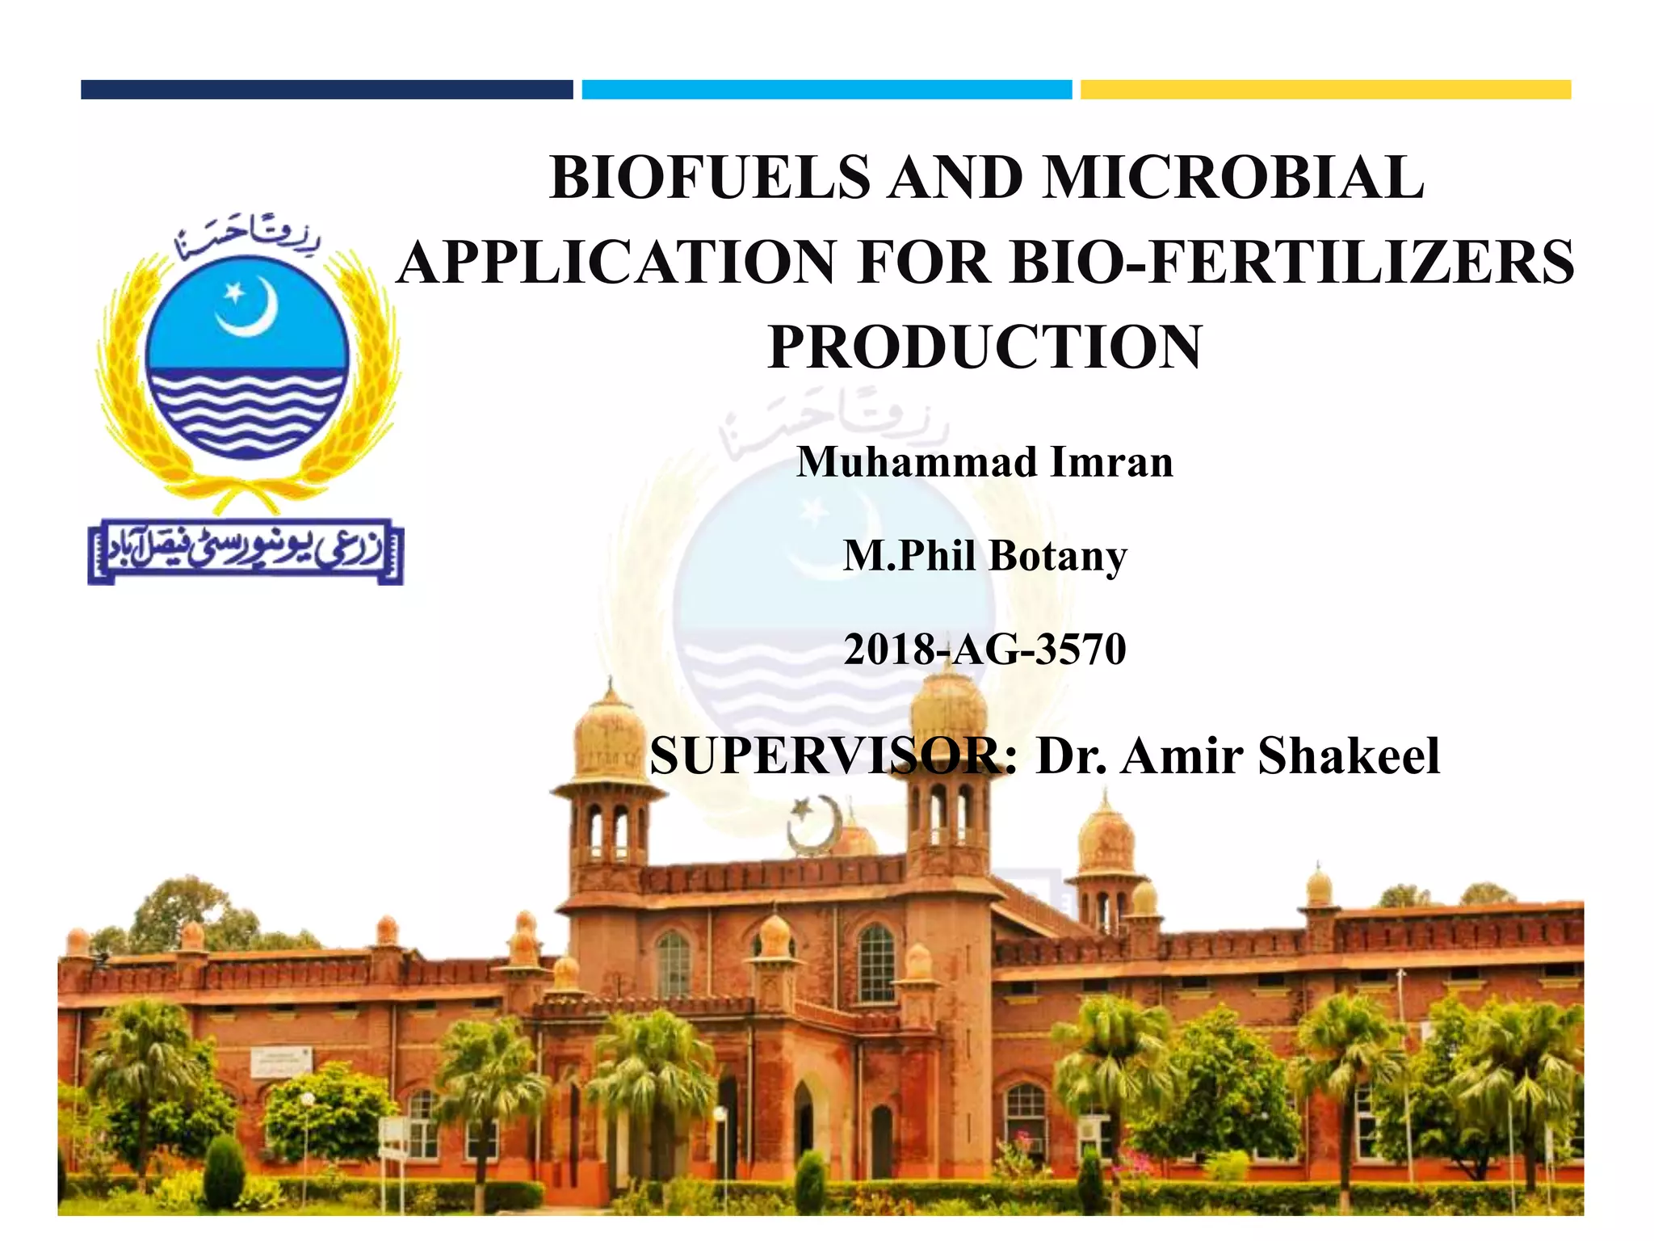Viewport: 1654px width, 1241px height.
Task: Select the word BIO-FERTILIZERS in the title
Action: (1292, 263)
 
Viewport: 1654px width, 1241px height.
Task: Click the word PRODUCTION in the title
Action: (985, 347)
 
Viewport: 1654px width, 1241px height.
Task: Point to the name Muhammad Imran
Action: (984, 463)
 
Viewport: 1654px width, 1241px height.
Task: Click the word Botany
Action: (1058, 557)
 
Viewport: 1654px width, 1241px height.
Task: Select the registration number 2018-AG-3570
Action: (984, 650)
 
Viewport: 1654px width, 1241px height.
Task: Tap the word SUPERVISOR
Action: (833, 757)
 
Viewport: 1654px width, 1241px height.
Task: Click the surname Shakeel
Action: (1348, 757)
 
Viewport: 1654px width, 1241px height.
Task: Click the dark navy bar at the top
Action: (326, 90)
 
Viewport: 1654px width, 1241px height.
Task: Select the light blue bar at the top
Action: (826, 90)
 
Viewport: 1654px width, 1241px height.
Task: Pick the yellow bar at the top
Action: (1325, 90)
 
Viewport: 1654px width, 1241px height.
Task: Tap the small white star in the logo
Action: (233, 292)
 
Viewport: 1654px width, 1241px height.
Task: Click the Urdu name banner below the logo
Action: (245, 553)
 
